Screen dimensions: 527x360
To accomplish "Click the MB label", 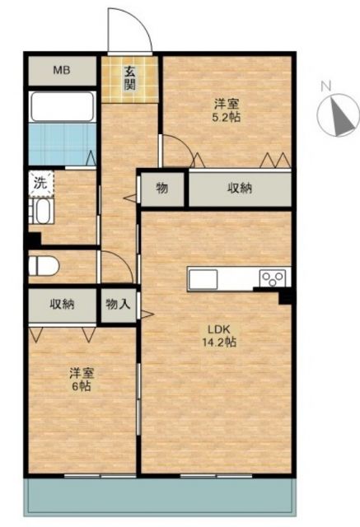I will click(x=63, y=71).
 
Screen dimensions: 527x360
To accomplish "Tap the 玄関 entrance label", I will click(x=130, y=79).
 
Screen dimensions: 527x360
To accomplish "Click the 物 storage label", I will click(x=162, y=189).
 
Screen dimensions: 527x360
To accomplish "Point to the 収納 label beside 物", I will click(x=240, y=189).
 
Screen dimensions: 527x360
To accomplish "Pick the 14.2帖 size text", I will click(x=221, y=343).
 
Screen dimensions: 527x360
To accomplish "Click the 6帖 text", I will click(x=81, y=385).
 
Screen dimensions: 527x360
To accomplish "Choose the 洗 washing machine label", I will click(x=40, y=184).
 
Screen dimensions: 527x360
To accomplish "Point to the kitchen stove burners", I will click(x=272, y=278).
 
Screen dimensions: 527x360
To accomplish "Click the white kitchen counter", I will click(x=222, y=278).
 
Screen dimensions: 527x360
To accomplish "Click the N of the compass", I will click(x=325, y=86).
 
